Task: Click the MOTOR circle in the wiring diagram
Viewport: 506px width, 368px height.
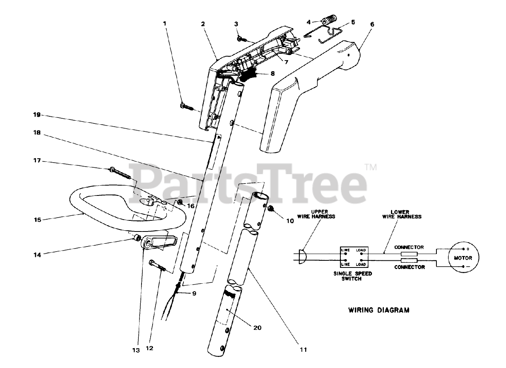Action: [x=463, y=258]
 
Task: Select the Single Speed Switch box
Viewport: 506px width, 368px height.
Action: [x=354, y=258]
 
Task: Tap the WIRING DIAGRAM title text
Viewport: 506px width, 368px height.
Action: [x=379, y=310]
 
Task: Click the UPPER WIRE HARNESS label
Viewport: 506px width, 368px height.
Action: [x=323, y=214]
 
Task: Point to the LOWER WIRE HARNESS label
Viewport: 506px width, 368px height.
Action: [x=402, y=214]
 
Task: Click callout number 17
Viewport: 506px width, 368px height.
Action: [x=37, y=161]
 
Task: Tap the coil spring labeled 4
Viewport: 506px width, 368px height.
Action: [x=330, y=21]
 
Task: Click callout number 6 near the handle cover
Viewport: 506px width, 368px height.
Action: [x=372, y=24]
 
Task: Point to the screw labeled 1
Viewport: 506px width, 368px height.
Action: [x=185, y=106]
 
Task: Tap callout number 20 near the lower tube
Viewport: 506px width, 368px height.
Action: [x=258, y=327]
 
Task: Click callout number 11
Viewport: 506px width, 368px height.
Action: [x=303, y=349]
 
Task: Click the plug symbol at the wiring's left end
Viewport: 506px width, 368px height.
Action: [x=302, y=256]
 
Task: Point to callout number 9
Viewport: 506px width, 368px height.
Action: [x=194, y=294]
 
